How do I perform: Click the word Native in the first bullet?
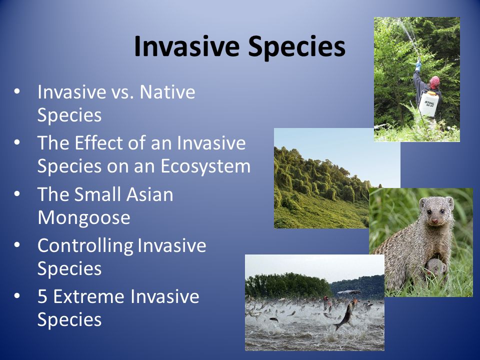167,92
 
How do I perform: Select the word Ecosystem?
205,167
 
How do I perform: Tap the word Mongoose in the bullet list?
84,218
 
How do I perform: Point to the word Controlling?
85,246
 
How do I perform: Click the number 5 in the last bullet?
42,296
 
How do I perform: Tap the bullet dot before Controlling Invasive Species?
17,245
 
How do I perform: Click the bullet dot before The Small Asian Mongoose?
17,194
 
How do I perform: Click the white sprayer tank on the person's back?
428,104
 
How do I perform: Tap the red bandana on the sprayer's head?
434,82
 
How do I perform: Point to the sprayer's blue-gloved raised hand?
418,65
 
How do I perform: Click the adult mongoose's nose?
434,220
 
